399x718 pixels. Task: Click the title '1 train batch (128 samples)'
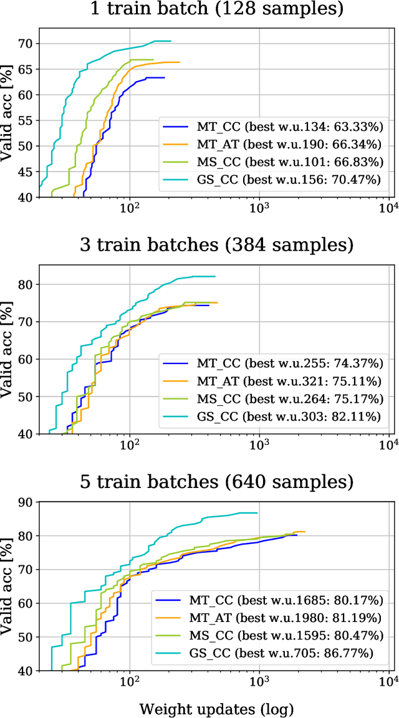[x=215, y=10]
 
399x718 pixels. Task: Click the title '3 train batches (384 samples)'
[x=215, y=244]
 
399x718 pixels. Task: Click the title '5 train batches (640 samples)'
[x=215, y=481]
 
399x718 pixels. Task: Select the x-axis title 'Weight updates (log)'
[x=216, y=708]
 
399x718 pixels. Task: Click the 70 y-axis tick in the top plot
[x=27, y=44]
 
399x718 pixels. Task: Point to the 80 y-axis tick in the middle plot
[x=27, y=284]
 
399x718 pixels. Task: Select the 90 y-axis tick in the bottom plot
[x=27, y=502]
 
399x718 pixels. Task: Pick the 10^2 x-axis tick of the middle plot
[x=130, y=445]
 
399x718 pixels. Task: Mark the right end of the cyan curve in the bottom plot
[x=257, y=513]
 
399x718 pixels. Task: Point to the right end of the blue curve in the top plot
[x=165, y=78]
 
